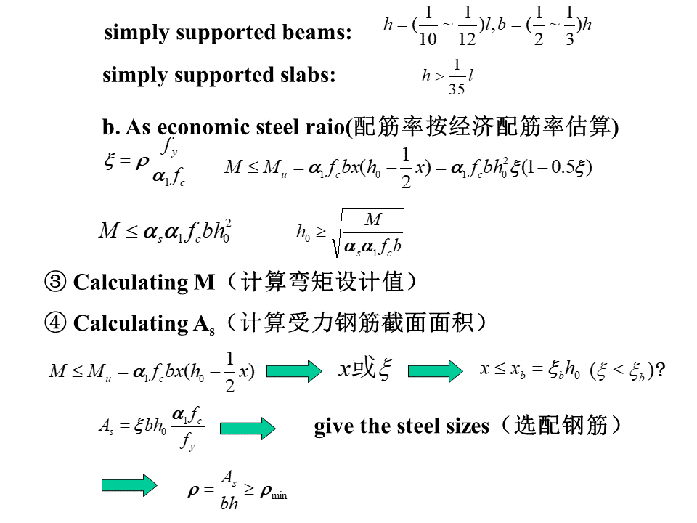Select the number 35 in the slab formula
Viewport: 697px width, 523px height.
[456, 89]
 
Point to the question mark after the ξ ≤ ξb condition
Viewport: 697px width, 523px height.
[660, 370]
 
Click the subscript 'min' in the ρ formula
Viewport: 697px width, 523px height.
[280, 496]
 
